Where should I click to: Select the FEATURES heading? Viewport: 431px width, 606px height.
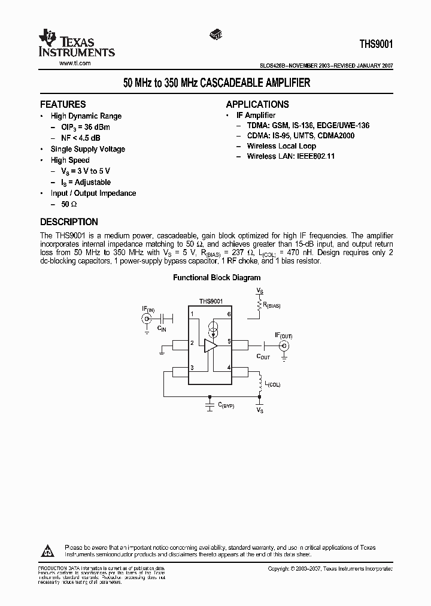[63, 104]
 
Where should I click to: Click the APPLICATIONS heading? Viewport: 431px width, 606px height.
[257, 104]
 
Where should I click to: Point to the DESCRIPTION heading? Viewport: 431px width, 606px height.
[69, 222]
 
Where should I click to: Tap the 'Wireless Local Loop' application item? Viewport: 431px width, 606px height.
[281, 146]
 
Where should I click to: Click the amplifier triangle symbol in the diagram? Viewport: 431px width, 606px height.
[210, 346]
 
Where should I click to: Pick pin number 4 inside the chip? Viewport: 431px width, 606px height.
[228, 367]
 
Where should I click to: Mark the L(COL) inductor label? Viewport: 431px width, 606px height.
[272, 384]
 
